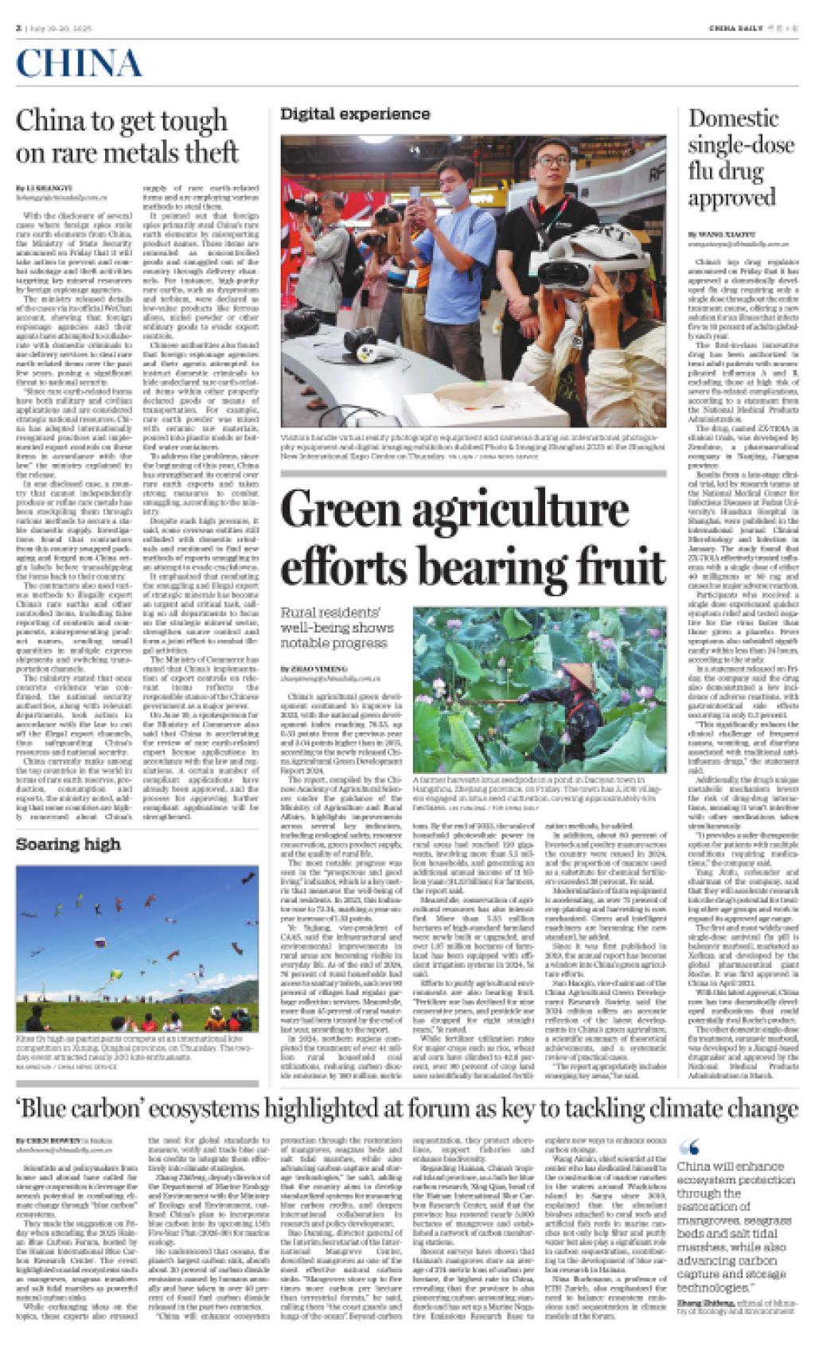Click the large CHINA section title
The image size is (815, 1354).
[80, 63]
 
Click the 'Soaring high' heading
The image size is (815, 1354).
[68, 844]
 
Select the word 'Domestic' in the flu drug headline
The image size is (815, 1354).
[733, 119]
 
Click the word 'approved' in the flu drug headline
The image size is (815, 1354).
[731, 197]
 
